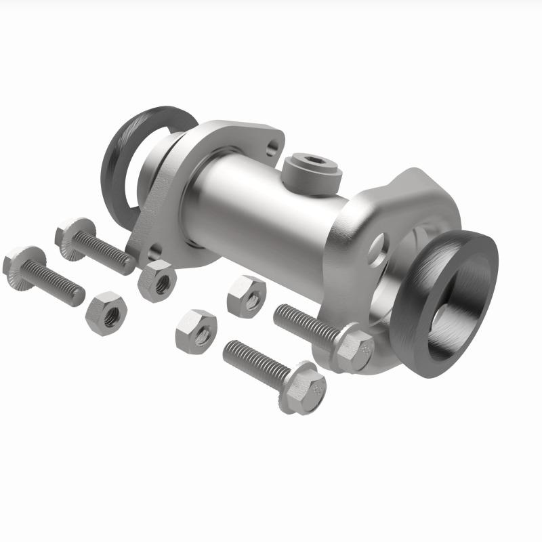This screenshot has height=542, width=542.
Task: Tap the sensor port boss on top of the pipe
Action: click(310, 172)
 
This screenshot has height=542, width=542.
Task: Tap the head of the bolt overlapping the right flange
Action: click(353, 346)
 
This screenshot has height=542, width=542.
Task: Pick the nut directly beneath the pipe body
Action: click(246, 297)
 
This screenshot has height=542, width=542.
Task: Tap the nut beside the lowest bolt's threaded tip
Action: click(196, 331)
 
